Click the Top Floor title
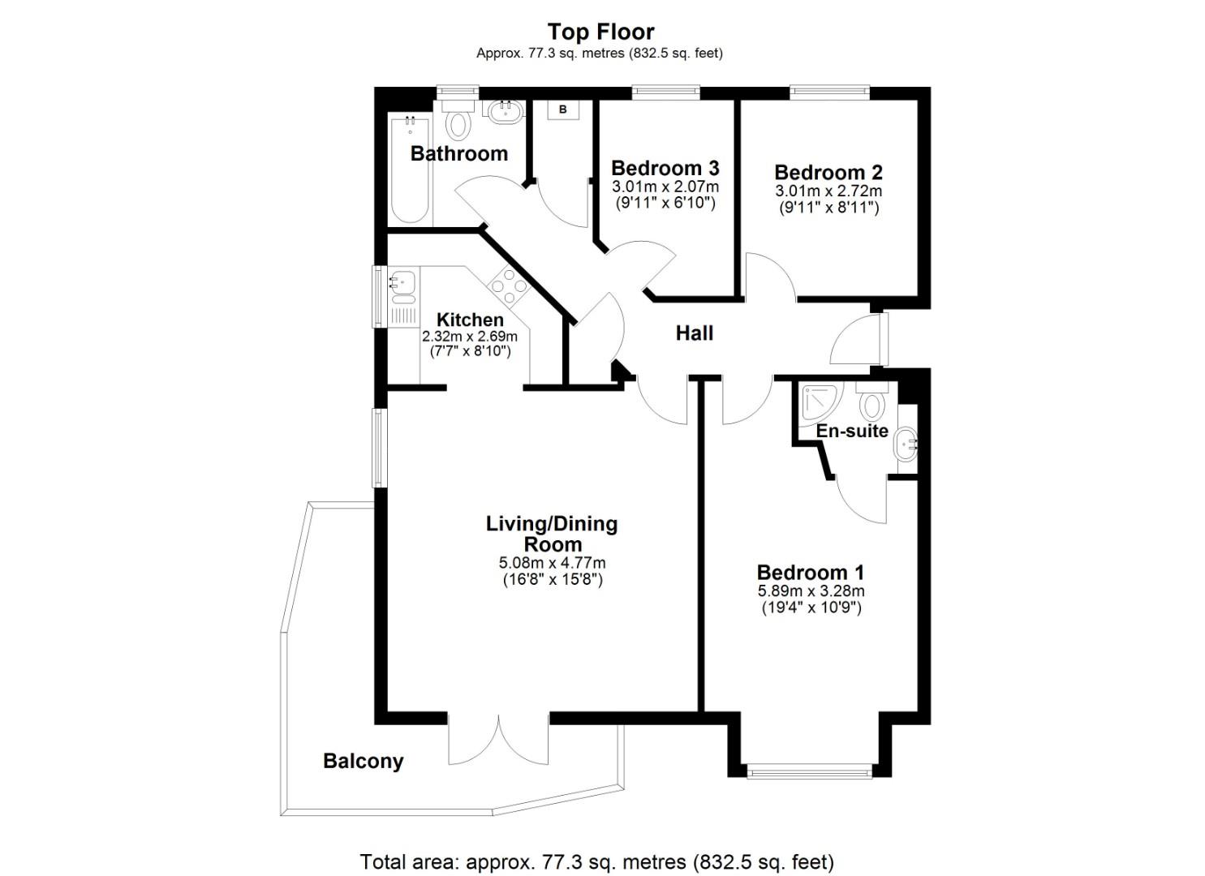tap(600, 32)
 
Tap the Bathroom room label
tap(458, 153)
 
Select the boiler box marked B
tap(562, 109)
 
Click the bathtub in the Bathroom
tap(410, 170)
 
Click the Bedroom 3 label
tap(665, 168)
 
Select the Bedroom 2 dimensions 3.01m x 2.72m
tap(828, 191)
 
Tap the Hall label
tap(695, 333)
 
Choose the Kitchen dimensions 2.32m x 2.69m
tap(470, 336)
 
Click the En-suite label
tap(852, 431)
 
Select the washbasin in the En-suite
tap(906, 444)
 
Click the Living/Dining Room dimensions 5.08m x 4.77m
tap(552, 563)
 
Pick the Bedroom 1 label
tap(811, 572)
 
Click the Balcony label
tap(363, 761)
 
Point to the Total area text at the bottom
tap(596, 861)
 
